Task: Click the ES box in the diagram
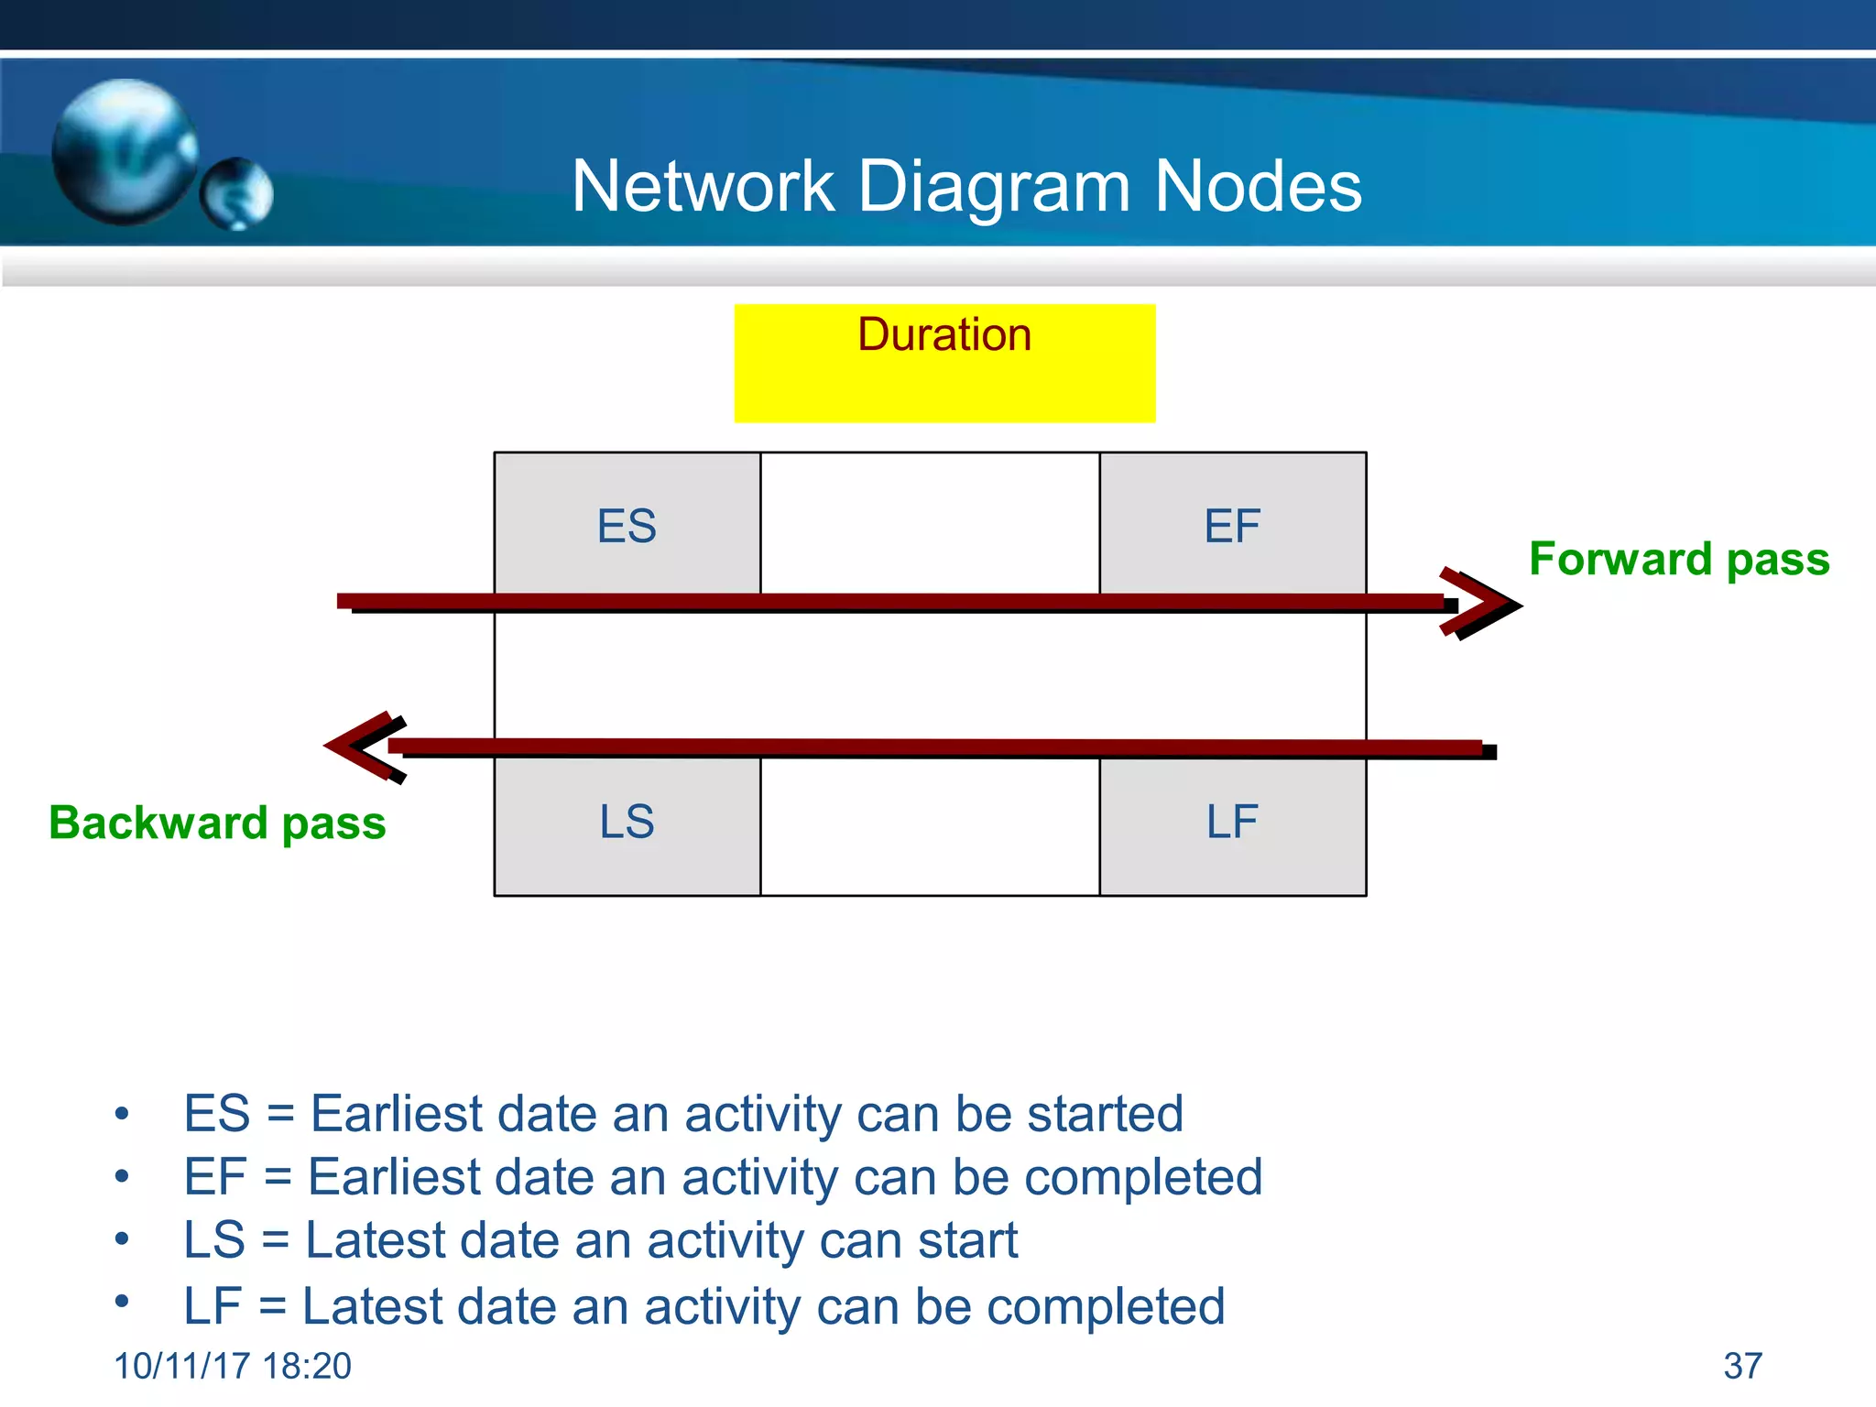[627, 525]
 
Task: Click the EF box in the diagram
[1232, 525]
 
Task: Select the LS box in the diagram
[627, 822]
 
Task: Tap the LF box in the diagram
[1232, 822]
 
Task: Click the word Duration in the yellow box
[944, 334]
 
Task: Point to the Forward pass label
[1679, 559]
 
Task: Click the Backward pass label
[217, 823]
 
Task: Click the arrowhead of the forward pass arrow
[1484, 604]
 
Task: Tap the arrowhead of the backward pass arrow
[362, 747]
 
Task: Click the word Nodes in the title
[1258, 186]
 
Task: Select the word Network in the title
[703, 186]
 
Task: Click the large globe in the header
[124, 151]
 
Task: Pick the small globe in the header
[236, 193]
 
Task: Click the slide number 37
[1742, 1366]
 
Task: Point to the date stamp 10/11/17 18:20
[233, 1366]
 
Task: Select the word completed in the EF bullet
[1143, 1177]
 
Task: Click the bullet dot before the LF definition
[122, 1301]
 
